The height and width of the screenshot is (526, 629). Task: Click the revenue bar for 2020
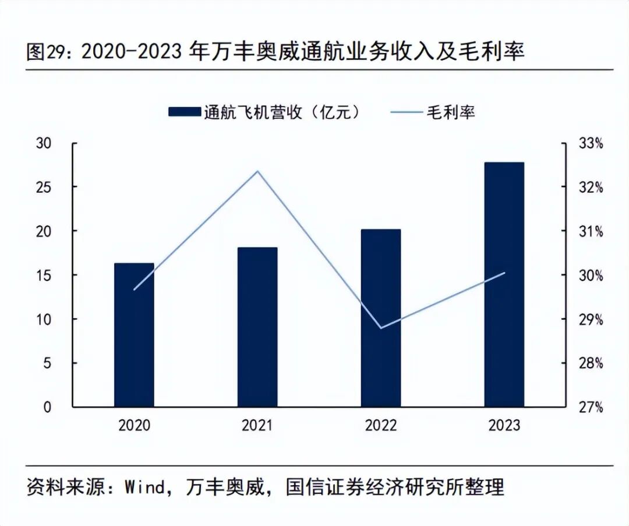tap(134, 335)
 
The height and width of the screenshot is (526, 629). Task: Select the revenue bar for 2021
tap(257, 327)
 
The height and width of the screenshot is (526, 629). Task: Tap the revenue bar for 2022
tap(381, 318)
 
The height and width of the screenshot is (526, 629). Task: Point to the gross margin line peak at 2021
tap(257, 171)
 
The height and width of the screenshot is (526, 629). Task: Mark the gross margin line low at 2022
tap(381, 328)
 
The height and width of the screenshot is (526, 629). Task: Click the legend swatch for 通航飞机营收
tap(184, 112)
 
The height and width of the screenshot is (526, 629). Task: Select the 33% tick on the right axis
tap(591, 143)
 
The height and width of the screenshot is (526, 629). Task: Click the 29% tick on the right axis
tap(591, 319)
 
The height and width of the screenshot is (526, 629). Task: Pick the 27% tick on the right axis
tap(591, 407)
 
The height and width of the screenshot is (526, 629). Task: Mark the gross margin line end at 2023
tap(504, 273)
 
